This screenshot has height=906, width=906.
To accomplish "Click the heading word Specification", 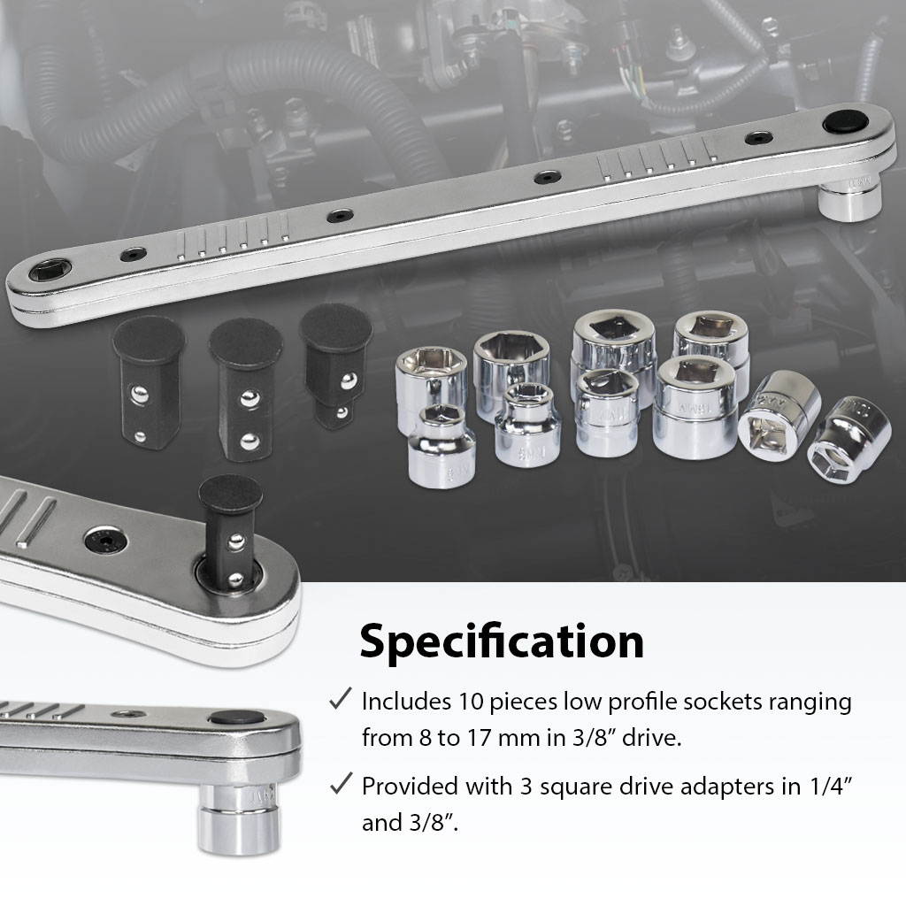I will click(501, 642).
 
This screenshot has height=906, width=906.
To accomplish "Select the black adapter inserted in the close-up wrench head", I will click(230, 531).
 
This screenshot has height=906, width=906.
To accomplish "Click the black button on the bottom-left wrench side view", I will click(236, 718).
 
